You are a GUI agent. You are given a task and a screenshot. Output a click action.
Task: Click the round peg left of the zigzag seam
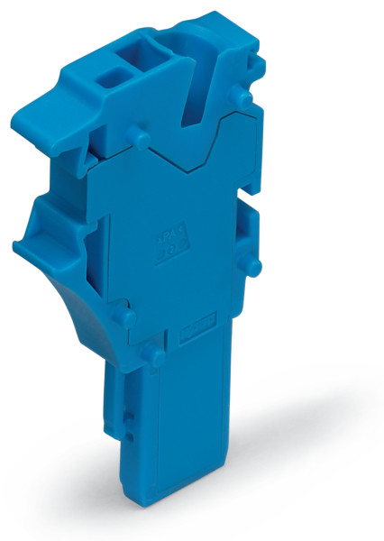coord(138,136)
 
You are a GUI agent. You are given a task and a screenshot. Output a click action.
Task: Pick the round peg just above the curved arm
coord(127,316)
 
